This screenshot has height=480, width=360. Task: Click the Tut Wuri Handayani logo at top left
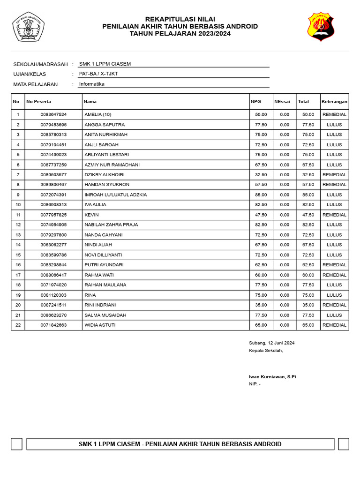[28, 27]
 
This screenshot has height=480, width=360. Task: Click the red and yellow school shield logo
[321, 27]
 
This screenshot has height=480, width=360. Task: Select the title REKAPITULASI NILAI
[180, 18]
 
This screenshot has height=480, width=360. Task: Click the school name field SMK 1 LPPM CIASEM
[105, 64]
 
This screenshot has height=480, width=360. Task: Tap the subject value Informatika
[92, 84]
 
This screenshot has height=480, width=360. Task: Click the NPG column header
[256, 101]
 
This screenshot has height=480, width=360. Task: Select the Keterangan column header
[334, 101]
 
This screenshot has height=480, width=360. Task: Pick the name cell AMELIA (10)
[98, 114]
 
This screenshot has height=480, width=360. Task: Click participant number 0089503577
[53, 174]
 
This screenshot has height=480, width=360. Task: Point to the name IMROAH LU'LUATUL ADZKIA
[116, 195]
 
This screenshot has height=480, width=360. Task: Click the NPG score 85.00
[261, 195]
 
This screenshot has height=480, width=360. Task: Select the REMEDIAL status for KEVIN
[334, 215]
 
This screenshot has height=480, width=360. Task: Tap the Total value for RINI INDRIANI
[308, 305]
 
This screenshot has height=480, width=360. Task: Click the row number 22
[18, 325]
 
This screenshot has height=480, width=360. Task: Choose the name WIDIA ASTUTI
[100, 325]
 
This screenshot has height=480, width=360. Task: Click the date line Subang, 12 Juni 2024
[272, 343]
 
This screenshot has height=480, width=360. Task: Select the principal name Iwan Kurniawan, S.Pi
[272, 376]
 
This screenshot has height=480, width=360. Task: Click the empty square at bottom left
[16, 444]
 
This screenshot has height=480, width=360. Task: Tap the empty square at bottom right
[343, 444]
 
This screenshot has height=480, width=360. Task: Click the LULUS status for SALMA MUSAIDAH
[334, 315]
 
